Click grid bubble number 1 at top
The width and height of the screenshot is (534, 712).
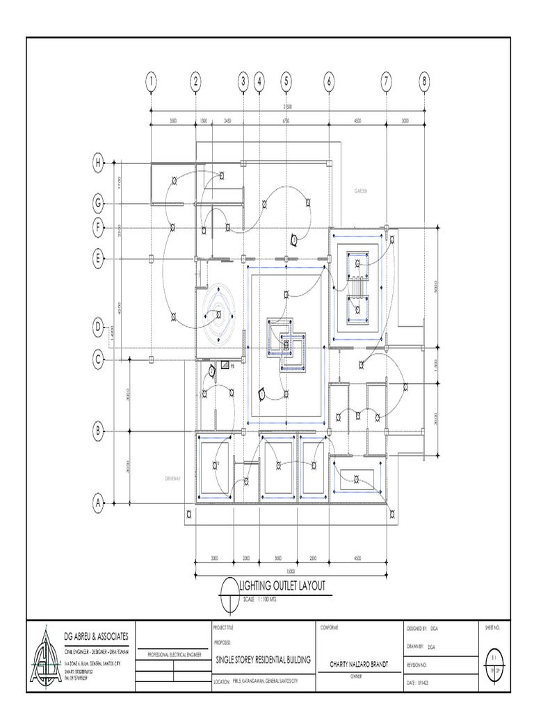point(150,82)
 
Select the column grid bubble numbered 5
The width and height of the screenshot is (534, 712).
point(286,82)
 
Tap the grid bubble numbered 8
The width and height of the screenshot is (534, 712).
point(424,82)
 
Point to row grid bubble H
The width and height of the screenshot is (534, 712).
point(99,164)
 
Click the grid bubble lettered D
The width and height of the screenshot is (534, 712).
point(99,327)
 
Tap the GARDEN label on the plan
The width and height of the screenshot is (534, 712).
point(360,190)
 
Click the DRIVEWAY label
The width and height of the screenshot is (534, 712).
point(173,478)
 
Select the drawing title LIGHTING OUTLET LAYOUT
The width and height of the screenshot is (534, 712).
point(282,586)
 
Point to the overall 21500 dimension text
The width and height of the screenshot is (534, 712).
point(286,106)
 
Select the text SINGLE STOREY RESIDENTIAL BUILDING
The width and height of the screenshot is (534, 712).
point(263,660)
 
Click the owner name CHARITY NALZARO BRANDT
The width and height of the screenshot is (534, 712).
point(357,665)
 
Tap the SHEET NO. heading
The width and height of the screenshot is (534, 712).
point(492,628)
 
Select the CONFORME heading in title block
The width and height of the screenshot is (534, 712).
point(330,628)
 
